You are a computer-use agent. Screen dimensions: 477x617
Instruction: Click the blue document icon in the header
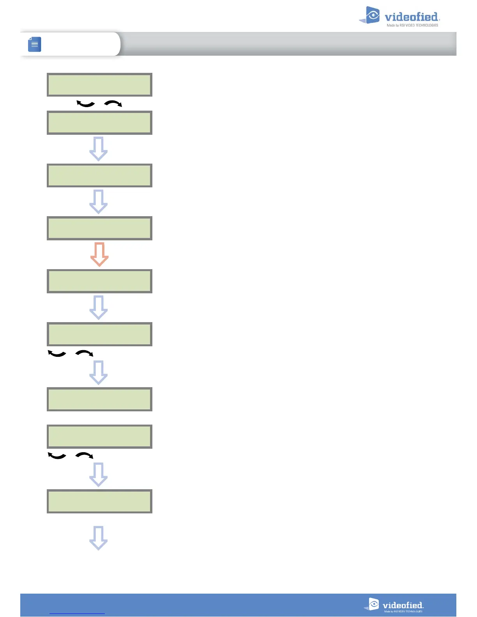[x=35, y=44]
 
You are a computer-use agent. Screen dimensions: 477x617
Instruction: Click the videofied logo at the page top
[x=399, y=16]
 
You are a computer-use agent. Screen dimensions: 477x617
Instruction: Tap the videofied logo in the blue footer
[x=394, y=605]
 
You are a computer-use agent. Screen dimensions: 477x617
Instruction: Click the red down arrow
[x=99, y=254]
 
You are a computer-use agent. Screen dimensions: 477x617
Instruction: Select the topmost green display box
[x=99, y=85]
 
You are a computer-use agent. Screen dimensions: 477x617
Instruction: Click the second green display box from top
[x=99, y=123]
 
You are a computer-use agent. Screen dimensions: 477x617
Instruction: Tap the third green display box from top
[x=99, y=176]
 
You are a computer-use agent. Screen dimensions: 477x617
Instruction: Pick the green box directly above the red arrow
[x=99, y=228]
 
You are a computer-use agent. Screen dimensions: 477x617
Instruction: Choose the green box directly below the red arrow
[x=99, y=281]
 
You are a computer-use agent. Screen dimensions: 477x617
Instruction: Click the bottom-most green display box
[x=99, y=501]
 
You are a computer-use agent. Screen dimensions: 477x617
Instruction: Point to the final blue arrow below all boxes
[x=99, y=538]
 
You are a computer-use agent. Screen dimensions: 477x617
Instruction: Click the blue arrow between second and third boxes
[x=99, y=149]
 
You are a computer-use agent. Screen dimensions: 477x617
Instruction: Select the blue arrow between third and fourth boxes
[x=99, y=202]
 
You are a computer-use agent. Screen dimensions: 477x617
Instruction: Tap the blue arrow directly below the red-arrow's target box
[x=99, y=307]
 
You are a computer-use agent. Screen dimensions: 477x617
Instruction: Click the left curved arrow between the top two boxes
[x=86, y=104]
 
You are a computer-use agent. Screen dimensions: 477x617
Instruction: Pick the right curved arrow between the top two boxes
[x=113, y=103]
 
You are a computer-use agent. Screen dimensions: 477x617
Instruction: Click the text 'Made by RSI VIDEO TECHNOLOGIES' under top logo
[x=412, y=25]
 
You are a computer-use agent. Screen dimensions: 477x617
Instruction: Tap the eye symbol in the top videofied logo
[x=373, y=15]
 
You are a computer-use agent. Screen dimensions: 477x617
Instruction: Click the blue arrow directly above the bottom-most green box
[x=99, y=474]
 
